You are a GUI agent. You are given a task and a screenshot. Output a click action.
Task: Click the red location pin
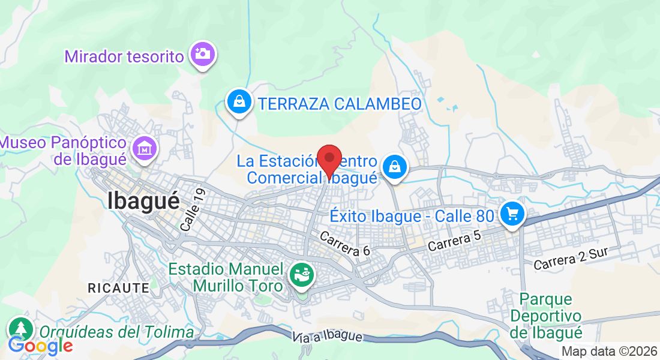pos(329,160)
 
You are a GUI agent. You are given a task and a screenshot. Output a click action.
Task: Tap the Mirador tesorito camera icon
pos(203,54)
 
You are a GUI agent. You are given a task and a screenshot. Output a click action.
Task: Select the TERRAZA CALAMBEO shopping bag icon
pos(239,101)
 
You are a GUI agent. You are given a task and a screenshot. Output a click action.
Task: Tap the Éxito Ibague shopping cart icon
pos(512,214)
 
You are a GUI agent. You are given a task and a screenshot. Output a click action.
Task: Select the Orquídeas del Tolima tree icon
pos(21,328)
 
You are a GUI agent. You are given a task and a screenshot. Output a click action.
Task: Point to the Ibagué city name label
pos(144,200)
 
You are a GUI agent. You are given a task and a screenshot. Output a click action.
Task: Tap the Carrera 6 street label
pos(344,244)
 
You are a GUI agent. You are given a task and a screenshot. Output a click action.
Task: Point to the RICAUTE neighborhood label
pos(118,288)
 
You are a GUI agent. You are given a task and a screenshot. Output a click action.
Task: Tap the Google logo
pos(41,346)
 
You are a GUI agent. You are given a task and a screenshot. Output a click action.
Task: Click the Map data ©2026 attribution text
pos(608,351)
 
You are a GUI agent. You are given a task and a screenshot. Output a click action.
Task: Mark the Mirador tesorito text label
pos(124,57)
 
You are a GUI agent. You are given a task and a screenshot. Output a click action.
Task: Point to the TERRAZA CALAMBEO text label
pos(340,104)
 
